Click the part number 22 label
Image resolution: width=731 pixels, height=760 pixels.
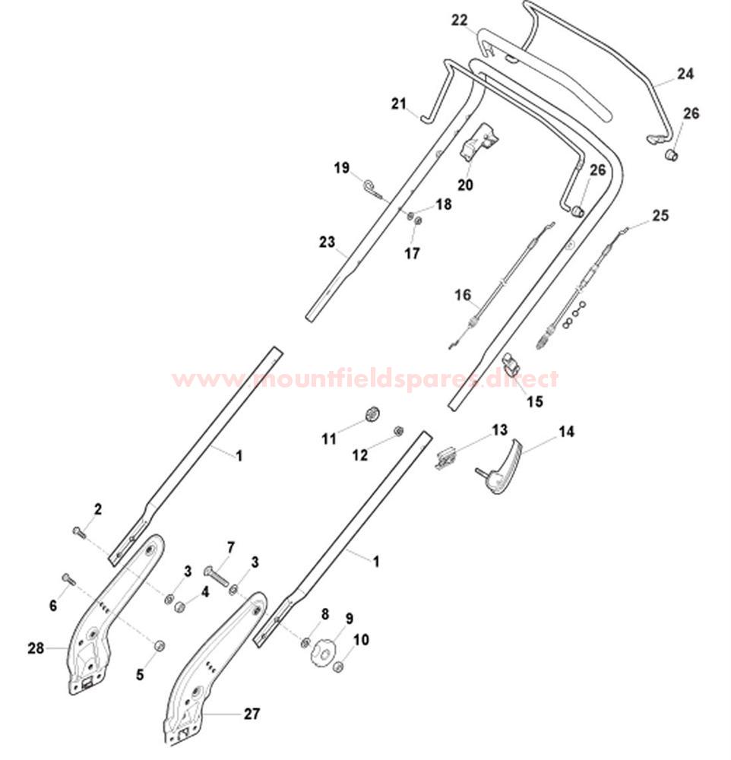tap(459, 21)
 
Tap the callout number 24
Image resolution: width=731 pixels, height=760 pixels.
tap(685, 74)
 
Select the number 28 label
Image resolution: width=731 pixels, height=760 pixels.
tap(36, 648)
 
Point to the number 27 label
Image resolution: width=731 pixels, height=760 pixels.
tap(252, 714)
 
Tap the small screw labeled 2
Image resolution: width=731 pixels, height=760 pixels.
tap(78, 532)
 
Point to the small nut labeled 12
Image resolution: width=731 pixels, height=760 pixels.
tap(398, 430)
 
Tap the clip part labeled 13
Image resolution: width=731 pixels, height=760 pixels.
tap(446, 458)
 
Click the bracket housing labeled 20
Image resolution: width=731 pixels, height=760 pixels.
tap(478, 141)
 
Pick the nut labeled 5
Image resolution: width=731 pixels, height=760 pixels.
tap(159, 645)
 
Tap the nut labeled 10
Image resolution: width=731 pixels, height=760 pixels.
tap(339, 667)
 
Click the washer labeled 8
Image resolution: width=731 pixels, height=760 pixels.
tap(306, 643)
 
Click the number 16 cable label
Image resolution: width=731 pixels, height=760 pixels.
tap(463, 295)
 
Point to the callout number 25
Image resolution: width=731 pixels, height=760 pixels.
tap(660, 215)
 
